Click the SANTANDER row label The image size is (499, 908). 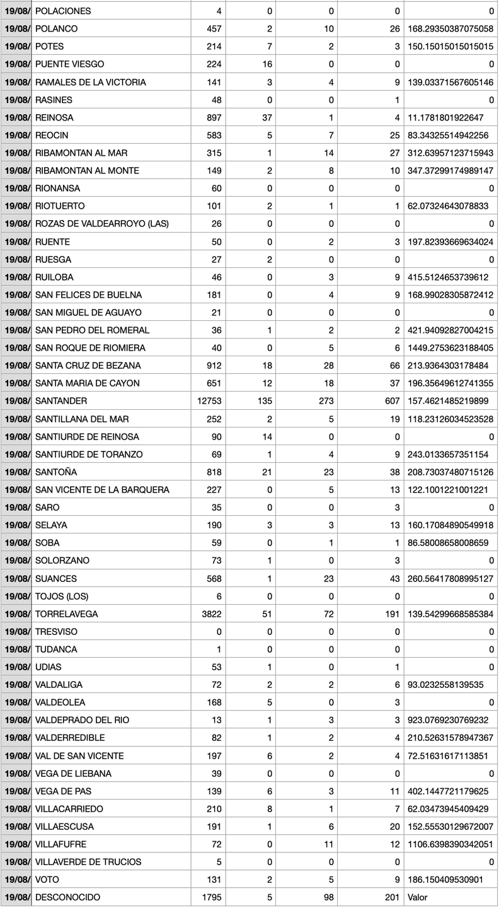[61, 401]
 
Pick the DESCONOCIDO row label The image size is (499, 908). [67, 897]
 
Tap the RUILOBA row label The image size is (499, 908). [54, 277]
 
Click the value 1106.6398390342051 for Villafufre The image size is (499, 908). [450, 844]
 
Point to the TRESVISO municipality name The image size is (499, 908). [56, 631]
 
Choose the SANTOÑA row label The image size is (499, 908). [57, 472]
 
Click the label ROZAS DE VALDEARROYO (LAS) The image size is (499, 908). [102, 224]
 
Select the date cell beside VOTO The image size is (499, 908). [16, 879]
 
